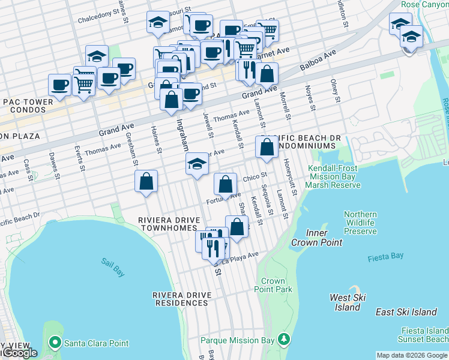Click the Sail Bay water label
click(x=113, y=267)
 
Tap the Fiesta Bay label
click(x=385, y=256)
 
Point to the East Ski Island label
click(x=406, y=312)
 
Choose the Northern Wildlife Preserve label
click(x=360, y=223)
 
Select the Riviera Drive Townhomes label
click(x=167, y=224)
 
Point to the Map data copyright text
click(x=411, y=355)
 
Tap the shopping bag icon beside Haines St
click(x=146, y=181)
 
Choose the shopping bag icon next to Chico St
click(x=225, y=184)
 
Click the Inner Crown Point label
click(x=316, y=238)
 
